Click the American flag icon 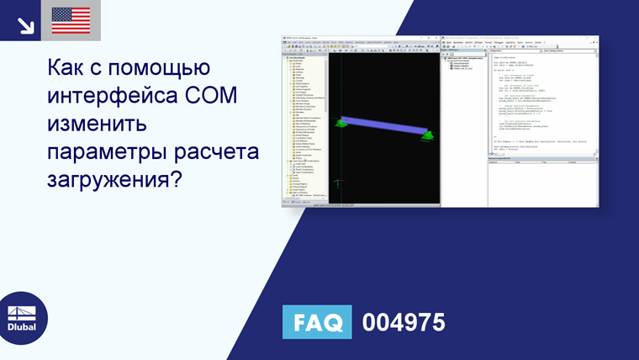(71, 20)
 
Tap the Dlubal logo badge (23, 317)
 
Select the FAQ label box (316, 323)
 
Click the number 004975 (403, 323)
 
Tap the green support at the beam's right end (427, 134)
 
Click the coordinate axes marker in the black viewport (338, 183)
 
